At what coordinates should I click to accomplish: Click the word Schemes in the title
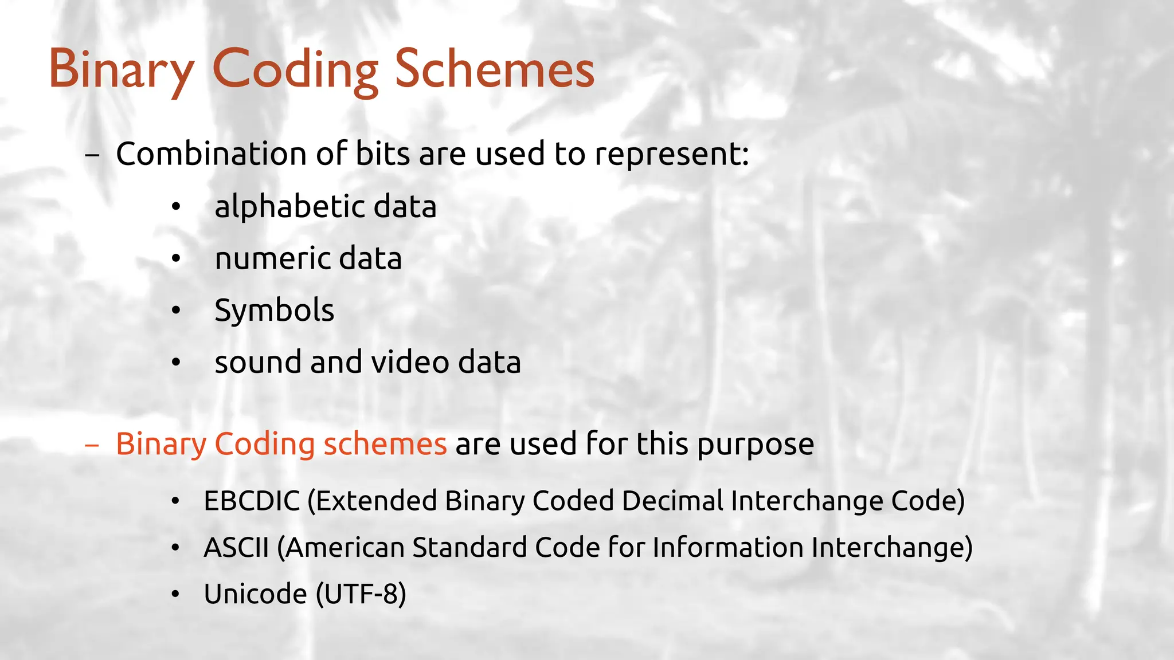click(495, 69)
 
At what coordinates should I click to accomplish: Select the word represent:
click(671, 155)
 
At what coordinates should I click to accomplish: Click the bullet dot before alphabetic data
click(176, 207)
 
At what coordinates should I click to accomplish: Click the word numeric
click(272, 259)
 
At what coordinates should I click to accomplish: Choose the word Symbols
click(274, 311)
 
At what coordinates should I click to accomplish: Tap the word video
click(410, 362)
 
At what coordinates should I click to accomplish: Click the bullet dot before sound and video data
click(176, 363)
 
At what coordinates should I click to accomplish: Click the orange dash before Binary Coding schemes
click(92, 445)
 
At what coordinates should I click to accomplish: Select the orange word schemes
click(385, 444)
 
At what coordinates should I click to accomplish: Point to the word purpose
click(755, 445)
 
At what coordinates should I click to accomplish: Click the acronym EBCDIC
click(252, 501)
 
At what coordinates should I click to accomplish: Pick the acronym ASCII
click(236, 547)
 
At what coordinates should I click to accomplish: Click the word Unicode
click(255, 594)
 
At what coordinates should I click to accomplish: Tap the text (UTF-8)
click(361, 594)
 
